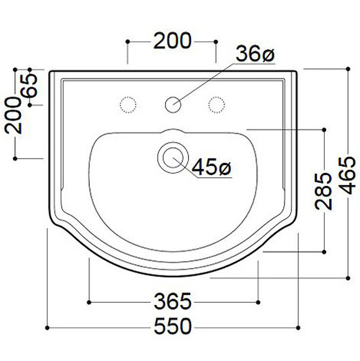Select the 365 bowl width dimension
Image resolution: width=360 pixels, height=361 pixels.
point(173,301)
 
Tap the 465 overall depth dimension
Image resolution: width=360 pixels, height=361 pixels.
point(347,176)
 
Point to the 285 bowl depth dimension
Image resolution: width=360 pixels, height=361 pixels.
point(323,191)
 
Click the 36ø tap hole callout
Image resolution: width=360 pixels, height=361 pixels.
point(255,54)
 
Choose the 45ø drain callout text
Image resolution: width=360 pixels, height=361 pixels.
point(211,167)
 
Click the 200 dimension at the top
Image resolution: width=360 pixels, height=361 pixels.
point(172,41)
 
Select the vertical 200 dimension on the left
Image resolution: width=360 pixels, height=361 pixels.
point(13,116)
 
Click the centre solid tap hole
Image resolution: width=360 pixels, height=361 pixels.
point(173,105)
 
